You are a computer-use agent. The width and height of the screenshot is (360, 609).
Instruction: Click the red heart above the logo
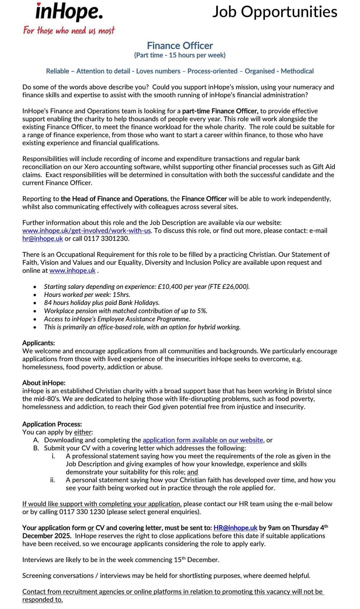pos(39,5)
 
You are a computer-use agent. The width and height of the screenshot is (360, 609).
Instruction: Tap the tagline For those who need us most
pos(69,31)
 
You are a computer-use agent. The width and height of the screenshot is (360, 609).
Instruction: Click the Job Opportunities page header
pos(275,12)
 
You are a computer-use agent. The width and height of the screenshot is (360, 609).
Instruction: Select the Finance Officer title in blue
pos(180,45)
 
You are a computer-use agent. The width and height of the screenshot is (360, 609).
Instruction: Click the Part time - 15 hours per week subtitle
pos(180,55)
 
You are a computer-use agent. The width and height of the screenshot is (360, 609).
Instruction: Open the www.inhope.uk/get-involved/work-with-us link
pos(86,230)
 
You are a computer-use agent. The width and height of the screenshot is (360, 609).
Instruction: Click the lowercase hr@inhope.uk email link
pos(42,238)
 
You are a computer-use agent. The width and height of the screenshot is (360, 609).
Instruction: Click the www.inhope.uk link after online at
pos(72,270)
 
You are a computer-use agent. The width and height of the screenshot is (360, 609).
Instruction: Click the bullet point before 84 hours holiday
pos(35,303)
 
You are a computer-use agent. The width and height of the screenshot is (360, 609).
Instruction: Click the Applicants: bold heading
pos(38,343)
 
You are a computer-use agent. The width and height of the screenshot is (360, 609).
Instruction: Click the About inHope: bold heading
pos(44,383)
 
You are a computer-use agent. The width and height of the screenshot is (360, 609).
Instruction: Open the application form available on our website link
pos(203,440)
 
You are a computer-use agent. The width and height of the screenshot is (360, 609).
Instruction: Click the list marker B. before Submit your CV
pos(36,448)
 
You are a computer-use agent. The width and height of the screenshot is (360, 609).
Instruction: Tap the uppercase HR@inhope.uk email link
pos(235,528)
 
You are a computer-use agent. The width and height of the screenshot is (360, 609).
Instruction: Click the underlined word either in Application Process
pos(83,432)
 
